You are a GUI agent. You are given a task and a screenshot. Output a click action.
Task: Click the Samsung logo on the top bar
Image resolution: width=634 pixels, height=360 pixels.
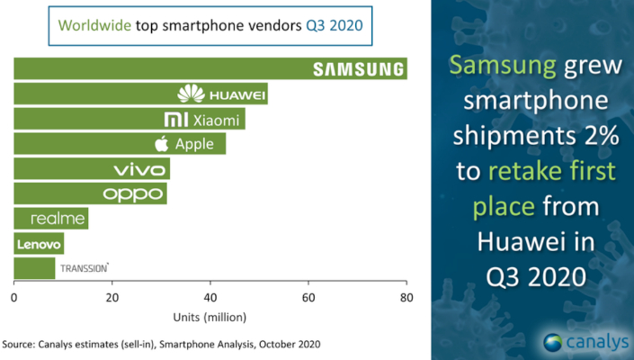point(357,68)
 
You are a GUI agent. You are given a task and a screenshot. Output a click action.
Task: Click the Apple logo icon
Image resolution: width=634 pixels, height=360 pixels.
point(162,143)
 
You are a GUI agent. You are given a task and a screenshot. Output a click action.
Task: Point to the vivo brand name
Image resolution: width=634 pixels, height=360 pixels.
point(140,168)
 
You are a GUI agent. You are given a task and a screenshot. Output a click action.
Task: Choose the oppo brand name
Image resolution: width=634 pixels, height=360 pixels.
point(133,193)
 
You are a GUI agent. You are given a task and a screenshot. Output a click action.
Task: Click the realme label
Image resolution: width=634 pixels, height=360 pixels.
point(58,218)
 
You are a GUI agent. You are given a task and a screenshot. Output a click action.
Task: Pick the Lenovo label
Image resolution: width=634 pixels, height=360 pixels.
point(38,243)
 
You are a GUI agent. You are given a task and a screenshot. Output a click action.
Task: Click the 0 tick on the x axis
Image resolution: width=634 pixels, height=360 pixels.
point(14,297)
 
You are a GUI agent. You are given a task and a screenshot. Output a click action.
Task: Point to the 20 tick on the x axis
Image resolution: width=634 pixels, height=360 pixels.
point(112,297)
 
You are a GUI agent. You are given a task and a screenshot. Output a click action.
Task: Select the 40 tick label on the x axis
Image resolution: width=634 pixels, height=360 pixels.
point(210,297)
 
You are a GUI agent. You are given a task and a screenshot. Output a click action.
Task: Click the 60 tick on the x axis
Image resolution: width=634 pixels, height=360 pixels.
point(308,297)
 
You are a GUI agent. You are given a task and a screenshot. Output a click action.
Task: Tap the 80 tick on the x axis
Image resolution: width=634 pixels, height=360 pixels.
point(406,297)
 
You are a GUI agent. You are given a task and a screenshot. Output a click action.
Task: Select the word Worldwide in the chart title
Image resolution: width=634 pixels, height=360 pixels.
point(94,24)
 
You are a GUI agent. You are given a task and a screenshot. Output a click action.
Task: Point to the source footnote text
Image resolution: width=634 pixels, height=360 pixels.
point(160,345)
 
